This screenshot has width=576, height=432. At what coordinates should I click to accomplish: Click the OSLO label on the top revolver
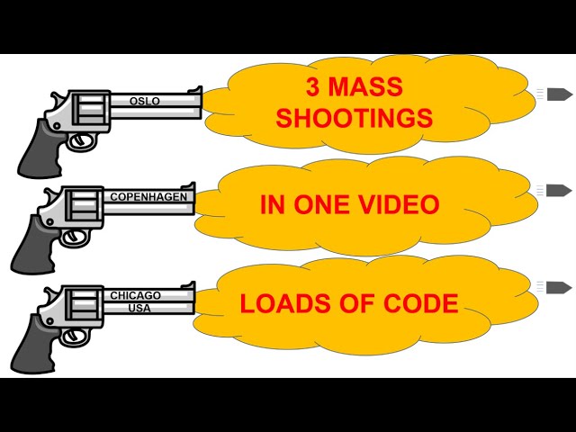point(144,101)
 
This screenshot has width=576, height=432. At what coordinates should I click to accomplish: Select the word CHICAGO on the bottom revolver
point(135,295)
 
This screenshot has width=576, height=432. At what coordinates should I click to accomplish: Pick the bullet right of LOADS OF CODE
point(559,287)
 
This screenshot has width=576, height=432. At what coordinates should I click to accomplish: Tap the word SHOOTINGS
point(354,118)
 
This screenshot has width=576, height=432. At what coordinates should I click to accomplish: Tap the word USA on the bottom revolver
point(136,306)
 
